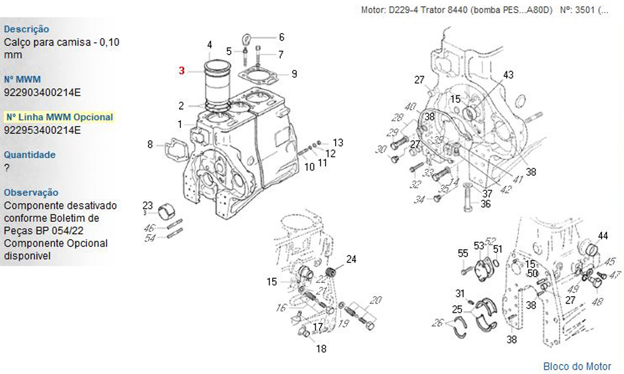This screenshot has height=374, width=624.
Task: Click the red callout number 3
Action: click(182, 71)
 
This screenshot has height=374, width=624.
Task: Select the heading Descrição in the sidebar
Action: click(26, 29)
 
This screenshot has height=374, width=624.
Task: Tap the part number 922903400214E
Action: click(42, 92)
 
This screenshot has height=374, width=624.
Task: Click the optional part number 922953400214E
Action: click(42, 130)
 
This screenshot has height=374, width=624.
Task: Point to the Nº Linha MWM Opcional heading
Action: click(59, 117)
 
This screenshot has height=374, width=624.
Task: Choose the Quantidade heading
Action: click(29, 155)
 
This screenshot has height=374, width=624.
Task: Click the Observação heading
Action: click(31, 193)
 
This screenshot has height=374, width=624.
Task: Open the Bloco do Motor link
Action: click(577, 366)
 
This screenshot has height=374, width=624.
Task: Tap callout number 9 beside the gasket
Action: click(294, 74)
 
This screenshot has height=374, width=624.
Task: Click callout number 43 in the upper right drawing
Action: click(508, 75)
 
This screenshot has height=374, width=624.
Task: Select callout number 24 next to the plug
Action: click(351, 259)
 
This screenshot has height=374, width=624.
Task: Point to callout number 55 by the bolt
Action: click(462, 253)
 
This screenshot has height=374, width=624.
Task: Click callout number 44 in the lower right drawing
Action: click(602, 236)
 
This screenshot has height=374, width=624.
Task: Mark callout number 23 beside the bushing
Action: click(147, 206)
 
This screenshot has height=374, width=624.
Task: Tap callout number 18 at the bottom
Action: click(321, 349)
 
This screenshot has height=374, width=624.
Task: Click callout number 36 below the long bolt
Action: click(485, 203)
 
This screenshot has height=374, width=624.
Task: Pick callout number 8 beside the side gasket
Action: click(150, 145)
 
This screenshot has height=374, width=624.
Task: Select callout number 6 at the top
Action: click(281, 37)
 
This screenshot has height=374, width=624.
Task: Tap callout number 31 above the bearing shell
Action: click(460, 294)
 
